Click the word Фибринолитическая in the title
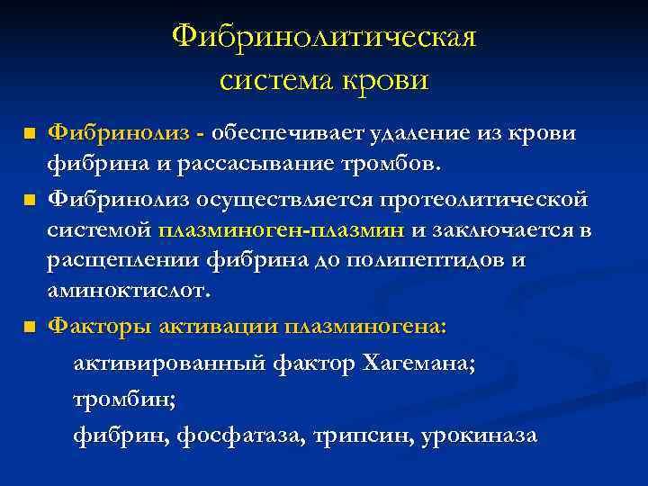pyautogui.click(x=324, y=38)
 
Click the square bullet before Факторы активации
pyautogui.click(x=31, y=325)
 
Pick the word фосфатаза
pyautogui.click(x=254, y=436)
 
